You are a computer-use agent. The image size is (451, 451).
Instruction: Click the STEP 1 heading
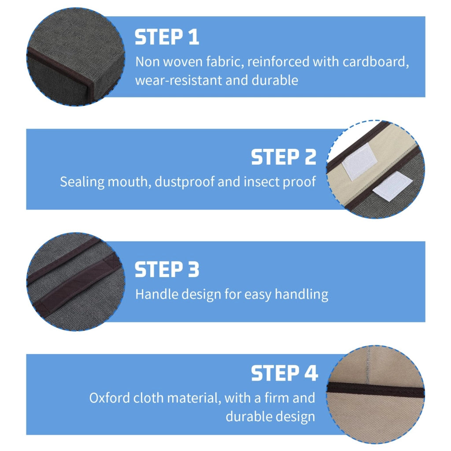[167, 37]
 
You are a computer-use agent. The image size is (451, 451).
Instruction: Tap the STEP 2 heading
[284, 157]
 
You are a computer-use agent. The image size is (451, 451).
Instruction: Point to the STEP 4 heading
[285, 373]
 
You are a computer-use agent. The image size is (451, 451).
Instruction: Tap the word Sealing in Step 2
[82, 182]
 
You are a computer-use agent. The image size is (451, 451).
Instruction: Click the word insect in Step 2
[261, 182]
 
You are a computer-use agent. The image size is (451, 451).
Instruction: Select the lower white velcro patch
[392, 186]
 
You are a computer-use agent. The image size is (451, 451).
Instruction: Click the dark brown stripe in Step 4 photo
[375, 390]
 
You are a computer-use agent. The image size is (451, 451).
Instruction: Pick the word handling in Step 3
[301, 295]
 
